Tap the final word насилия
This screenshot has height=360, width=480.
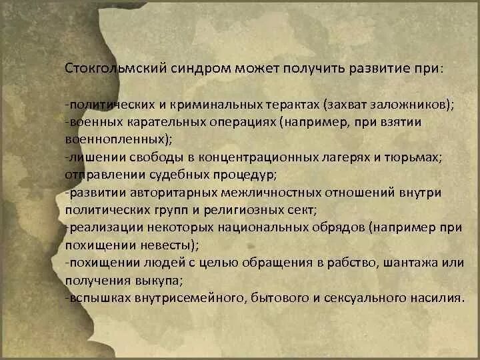point(437,297)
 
